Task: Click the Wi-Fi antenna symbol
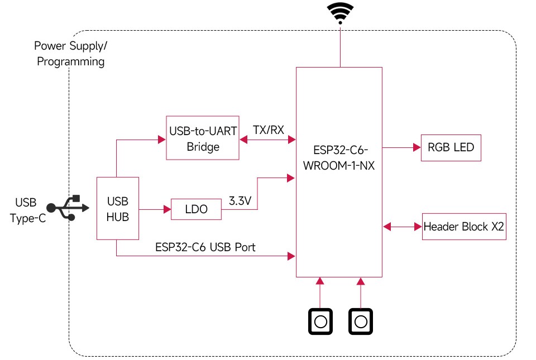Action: [340, 13]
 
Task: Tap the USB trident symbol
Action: [68, 208]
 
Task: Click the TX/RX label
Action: [269, 130]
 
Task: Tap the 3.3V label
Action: [240, 201]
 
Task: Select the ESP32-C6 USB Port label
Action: [205, 247]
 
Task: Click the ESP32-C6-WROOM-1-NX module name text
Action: [339, 158]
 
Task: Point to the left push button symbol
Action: [320, 321]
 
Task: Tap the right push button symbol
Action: [361, 321]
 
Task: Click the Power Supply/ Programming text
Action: [71, 54]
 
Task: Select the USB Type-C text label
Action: [28, 210]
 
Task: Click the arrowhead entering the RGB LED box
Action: [417, 147]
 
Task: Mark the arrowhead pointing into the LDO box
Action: [167, 209]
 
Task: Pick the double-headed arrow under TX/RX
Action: [267, 140]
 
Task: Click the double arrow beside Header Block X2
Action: [403, 227]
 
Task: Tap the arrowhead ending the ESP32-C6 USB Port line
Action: [291, 256]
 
